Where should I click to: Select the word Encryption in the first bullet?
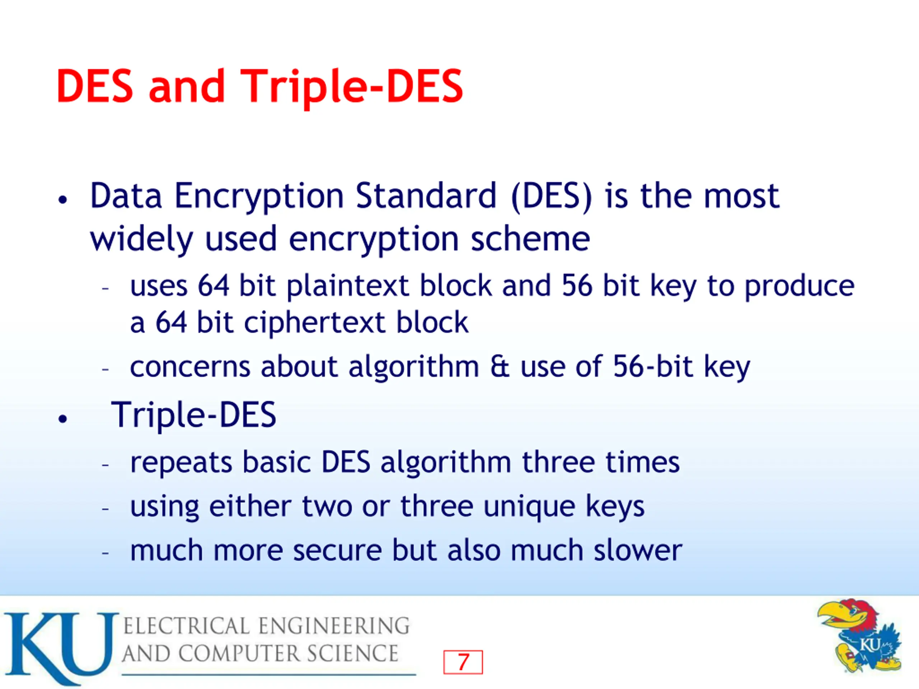coord(259,197)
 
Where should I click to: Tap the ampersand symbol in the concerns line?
coord(499,366)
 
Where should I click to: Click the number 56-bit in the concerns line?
coord(653,366)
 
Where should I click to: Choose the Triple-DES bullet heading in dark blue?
coord(193,414)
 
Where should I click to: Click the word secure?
coord(337,551)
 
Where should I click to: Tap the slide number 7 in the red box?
coord(463,662)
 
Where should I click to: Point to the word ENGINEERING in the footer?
coord(333,626)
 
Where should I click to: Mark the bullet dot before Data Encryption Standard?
coord(63,200)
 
